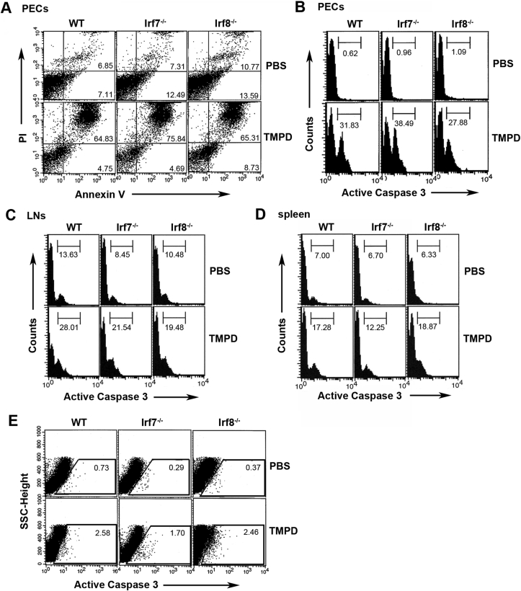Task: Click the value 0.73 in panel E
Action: coord(97,448)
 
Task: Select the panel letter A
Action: coord(6,6)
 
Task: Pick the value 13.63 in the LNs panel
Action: coord(71,253)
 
